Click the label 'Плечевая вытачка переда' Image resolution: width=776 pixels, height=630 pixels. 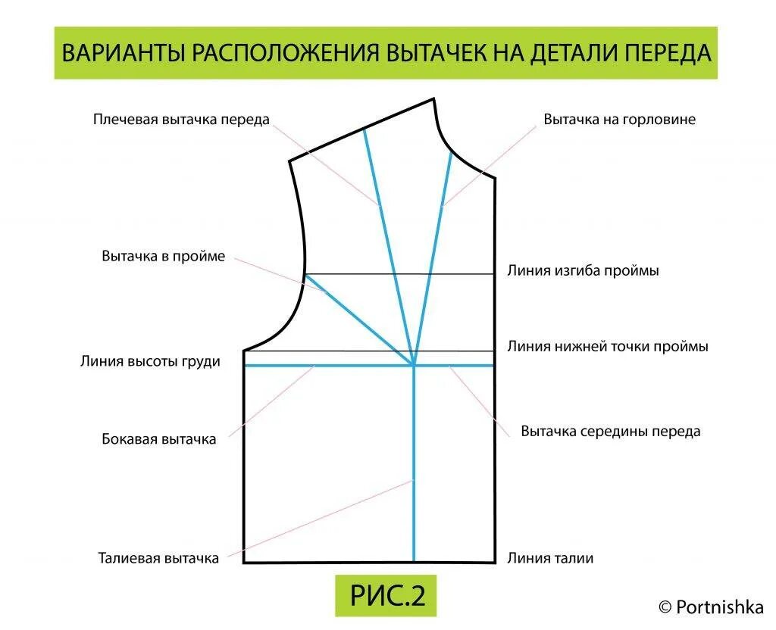(181, 120)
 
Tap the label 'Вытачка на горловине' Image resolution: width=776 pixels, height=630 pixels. (619, 120)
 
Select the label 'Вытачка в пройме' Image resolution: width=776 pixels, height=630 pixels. (164, 256)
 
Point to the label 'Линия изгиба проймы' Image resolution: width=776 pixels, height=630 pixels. (583, 270)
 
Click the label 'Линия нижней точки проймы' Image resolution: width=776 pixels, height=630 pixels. (608, 346)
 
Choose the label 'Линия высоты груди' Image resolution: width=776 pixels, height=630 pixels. (150, 361)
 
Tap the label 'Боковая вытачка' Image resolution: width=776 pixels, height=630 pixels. (159, 438)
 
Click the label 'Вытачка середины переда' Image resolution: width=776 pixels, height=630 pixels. (611, 432)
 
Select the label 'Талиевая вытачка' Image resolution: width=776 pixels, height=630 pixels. (158, 558)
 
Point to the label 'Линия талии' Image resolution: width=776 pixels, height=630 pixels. (550, 558)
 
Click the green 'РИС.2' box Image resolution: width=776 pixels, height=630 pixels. (386, 596)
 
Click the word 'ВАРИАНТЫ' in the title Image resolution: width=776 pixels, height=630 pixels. (121, 53)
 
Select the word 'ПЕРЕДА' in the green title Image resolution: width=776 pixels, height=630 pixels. (668, 53)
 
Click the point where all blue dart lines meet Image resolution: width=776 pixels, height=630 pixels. (414, 366)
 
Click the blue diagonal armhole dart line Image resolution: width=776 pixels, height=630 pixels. (356, 318)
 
